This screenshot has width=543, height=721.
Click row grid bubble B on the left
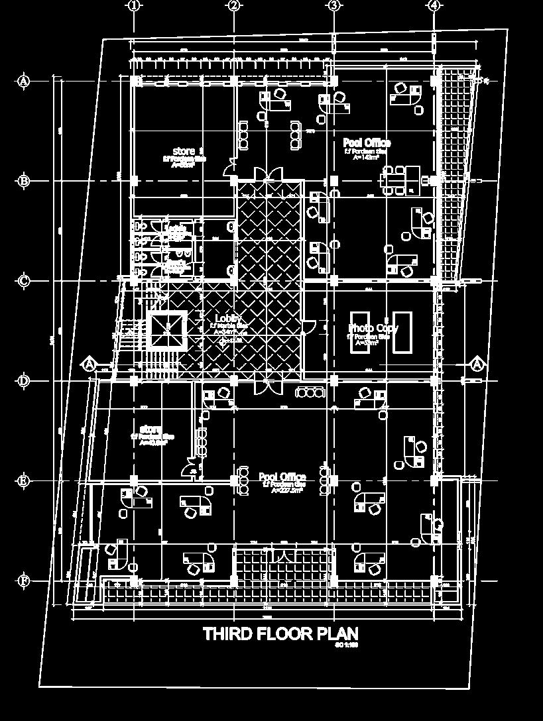pos(24,181)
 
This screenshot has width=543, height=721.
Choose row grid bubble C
pos(24,281)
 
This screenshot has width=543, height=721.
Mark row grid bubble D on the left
pos(24,381)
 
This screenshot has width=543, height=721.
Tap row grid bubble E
pos(24,481)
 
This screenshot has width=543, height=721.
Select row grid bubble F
pos(24,581)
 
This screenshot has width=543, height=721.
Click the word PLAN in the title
pos(337,634)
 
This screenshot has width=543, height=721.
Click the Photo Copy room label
pos(373,328)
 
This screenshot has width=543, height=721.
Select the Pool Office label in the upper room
pos(367,143)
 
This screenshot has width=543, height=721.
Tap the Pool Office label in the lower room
pos(282,477)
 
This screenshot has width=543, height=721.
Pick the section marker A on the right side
pos(478,364)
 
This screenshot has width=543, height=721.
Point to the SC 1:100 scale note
pos(347,645)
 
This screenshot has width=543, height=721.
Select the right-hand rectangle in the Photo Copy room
pos(402,331)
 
